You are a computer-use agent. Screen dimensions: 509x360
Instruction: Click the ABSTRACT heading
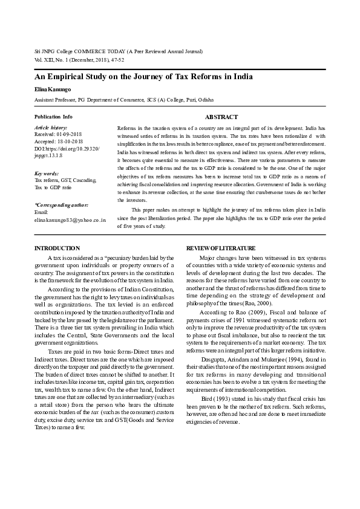point(221,117)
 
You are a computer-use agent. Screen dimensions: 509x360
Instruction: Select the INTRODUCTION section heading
point(57,248)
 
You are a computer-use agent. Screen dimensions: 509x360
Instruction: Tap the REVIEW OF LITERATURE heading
point(220,248)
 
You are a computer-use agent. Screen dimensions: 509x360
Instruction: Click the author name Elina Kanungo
point(54,89)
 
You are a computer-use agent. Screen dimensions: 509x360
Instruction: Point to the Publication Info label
point(53,116)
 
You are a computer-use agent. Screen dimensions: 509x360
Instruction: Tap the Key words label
point(47,173)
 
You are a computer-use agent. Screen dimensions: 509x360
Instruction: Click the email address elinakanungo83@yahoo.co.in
point(70,220)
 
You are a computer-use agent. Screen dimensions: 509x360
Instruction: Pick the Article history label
point(51,128)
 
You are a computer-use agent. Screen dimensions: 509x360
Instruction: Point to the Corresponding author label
point(62,206)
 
